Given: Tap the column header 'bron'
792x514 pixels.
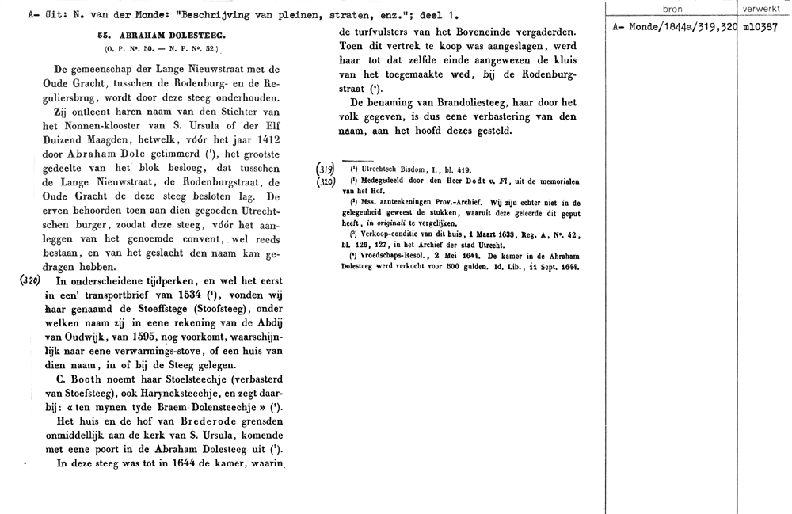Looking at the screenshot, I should tap(672, 10).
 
